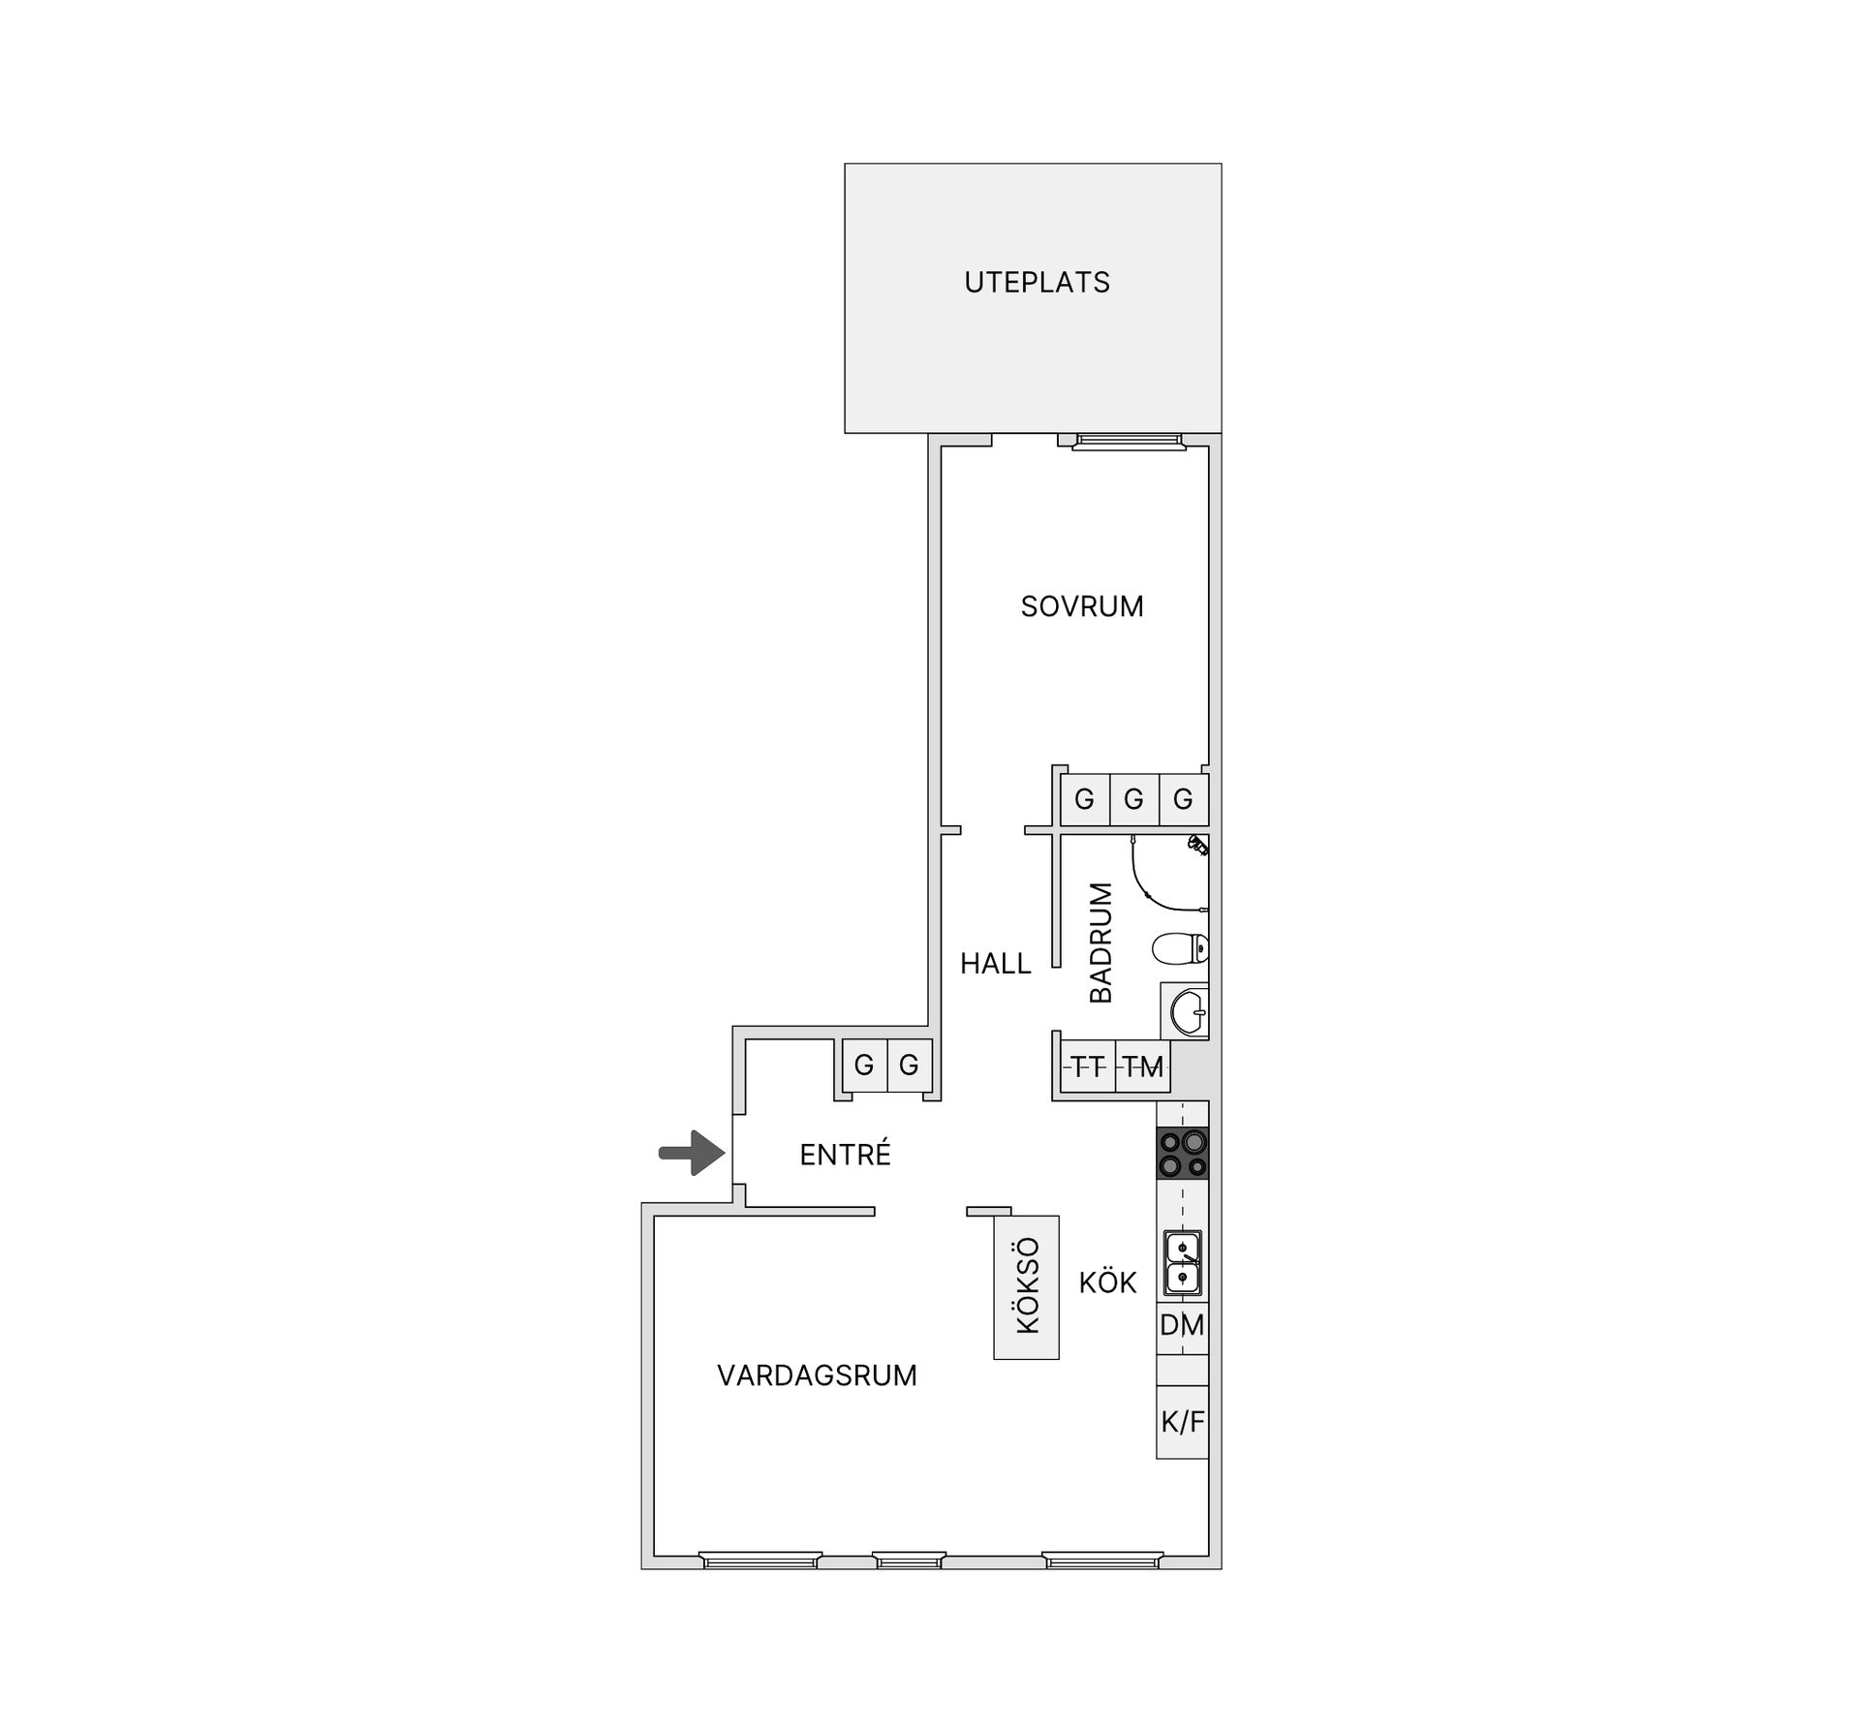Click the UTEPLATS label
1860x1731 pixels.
pos(1037,282)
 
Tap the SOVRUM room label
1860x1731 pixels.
pos(1082,606)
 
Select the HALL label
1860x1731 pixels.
pos(995,964)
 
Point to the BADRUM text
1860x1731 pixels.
pos(1101,942)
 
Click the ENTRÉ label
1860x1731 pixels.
pos(845,1155)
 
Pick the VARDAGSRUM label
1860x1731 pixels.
pos(817,1376)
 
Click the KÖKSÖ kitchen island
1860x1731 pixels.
pos(1027,1286)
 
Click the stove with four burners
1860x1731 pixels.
pos(1183,1153)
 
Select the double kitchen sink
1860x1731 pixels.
pos(1183,1263)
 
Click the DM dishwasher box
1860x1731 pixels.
pos(1183,1325)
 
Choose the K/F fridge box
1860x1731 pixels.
pos(1183,1422)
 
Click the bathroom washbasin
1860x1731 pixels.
pos(1187,1013)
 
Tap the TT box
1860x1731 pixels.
pos(1088,1067)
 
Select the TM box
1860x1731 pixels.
pos(1143,1067)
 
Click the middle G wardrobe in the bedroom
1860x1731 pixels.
pos(1133,800)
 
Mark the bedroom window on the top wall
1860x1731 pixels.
pos(1129,442)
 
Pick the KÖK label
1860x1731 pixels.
pos(1107,1283)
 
